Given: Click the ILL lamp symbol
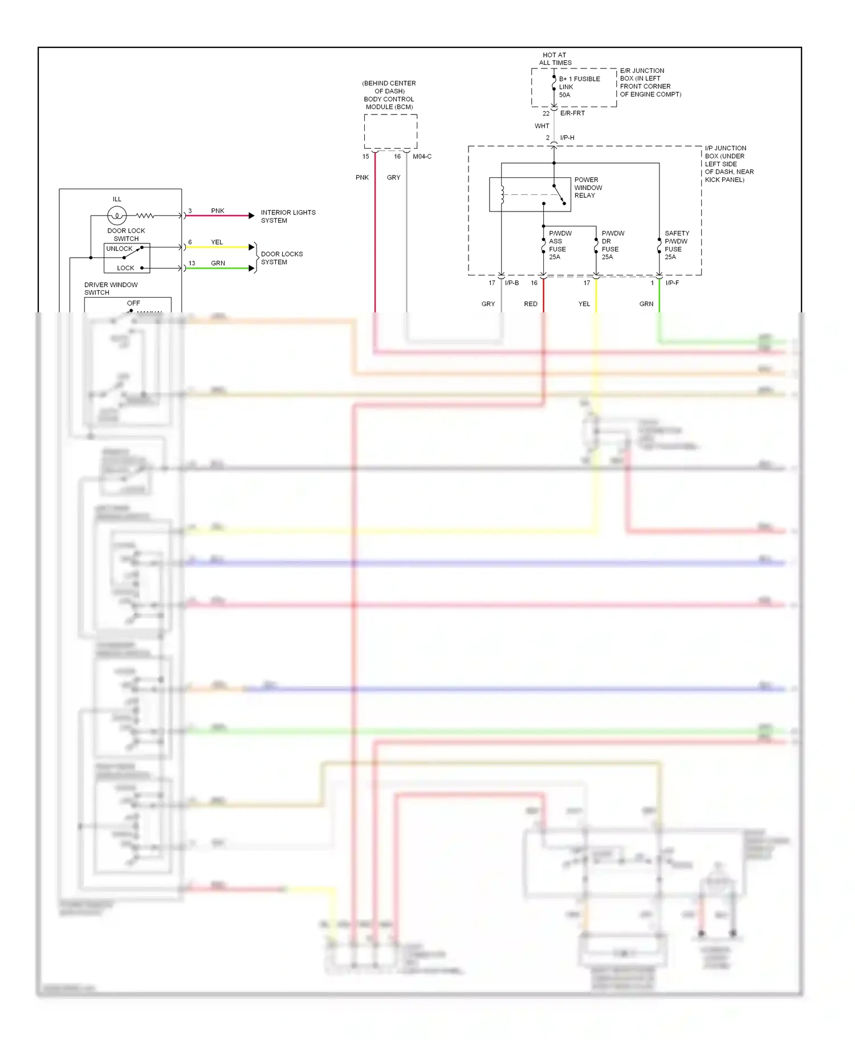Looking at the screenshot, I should tap(117, 215).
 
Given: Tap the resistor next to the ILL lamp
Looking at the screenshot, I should tap(145, 215).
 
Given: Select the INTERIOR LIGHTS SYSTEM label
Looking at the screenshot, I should tap(288, 216).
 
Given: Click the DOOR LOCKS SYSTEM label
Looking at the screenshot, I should tap(282, 258).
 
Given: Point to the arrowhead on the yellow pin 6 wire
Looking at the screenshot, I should tap(251, 247).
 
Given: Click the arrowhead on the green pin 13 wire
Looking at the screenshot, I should tap(251, 268).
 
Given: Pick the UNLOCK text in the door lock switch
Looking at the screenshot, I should tap(119, 249).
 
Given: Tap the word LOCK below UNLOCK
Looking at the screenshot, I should tap(125, 268).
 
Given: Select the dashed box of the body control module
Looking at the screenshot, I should tap(390, 132).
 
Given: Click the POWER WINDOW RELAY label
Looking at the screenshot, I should tap(588, 187).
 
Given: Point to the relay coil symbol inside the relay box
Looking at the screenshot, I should tap(502, 194).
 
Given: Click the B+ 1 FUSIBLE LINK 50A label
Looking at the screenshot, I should tap(579, 87).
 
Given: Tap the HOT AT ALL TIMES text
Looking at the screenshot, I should tap(555, 59).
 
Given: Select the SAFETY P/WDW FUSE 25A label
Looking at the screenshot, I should tap(677, 245).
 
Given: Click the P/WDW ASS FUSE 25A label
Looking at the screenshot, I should tap(559, 245).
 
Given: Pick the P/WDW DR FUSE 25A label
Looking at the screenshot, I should tap(612, 245).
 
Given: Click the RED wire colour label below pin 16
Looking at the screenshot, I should tap(531, 304).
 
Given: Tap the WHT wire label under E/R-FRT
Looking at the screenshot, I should tap(542, 126).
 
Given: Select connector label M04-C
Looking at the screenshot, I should tap(422, 156).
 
